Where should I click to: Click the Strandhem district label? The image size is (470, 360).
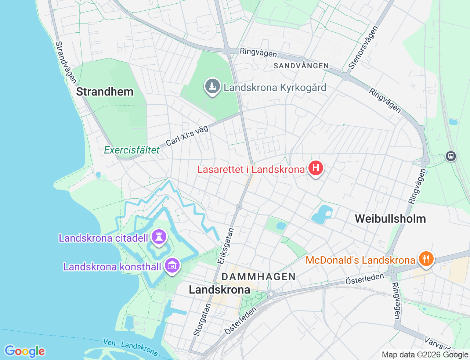[x=105, y=91]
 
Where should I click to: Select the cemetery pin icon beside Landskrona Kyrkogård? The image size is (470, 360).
[x=212, y=86]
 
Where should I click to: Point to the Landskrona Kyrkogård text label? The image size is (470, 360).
[x=275, y=88]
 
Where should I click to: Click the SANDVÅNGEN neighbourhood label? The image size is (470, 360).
[x=301, y=66]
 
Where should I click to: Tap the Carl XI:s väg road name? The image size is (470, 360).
[x=187, y=136]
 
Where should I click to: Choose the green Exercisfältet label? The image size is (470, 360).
[x=132, y=150]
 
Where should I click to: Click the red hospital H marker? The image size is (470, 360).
[x=315, y=168]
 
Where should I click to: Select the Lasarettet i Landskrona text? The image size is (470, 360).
[x=251, y=169]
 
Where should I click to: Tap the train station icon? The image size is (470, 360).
[x=451, y=156]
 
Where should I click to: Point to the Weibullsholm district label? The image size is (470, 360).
[x=390, y=219]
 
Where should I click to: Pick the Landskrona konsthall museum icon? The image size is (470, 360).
[x=172, y=265]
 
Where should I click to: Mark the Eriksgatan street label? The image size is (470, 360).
[x=225, y=246]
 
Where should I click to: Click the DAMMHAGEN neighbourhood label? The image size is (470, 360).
[x=258, y=277]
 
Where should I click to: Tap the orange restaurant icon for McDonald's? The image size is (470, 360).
[x=426, y=259]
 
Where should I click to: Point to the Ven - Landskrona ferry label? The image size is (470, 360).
[x=130, y=347]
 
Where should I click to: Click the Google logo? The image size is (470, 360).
[x=25, y=351]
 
